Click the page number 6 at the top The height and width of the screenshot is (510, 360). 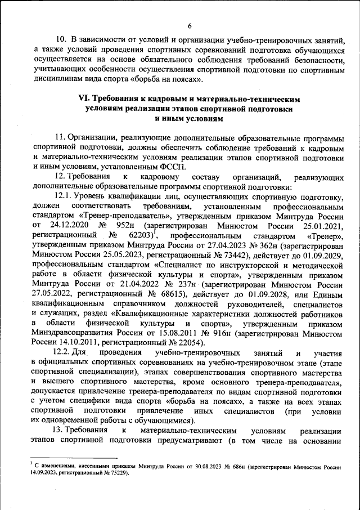click(190, 25)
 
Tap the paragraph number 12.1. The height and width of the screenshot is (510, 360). click(67, 196)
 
